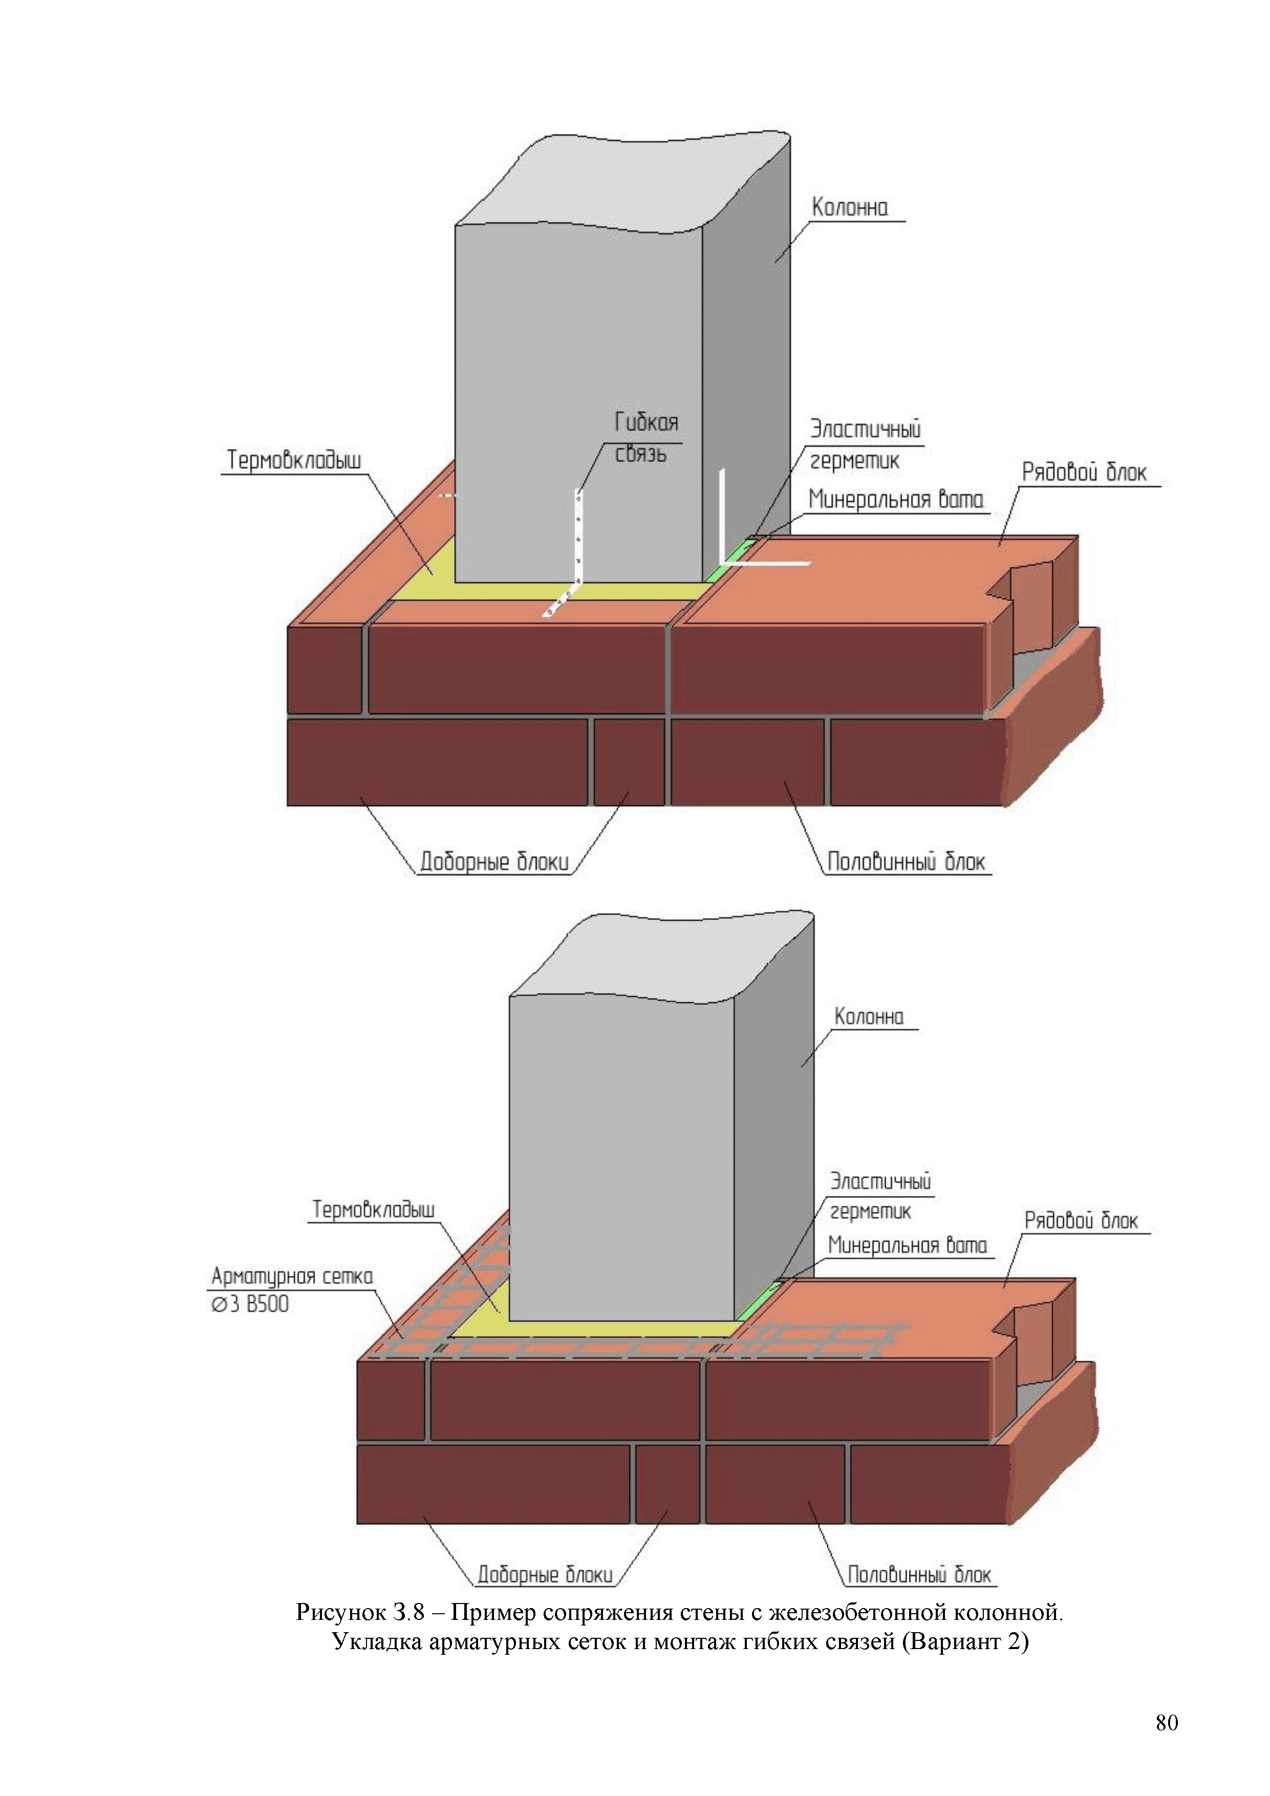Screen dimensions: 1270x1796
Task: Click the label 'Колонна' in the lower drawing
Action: click(869, 1016)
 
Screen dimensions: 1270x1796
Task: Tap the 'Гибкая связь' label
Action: click(646, 438)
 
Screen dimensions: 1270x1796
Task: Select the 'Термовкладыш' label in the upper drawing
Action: click(294, 460)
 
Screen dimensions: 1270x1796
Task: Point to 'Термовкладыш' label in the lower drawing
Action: click(373, 1209)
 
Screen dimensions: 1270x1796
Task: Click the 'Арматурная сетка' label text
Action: click(292, 1276)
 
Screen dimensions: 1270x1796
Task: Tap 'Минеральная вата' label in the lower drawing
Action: click(907, 1245)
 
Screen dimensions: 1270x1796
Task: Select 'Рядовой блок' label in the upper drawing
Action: click(1084, 472)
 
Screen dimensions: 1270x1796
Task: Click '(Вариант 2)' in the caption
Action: click(965, 1640)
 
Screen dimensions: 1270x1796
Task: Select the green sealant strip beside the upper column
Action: click(729, 560)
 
